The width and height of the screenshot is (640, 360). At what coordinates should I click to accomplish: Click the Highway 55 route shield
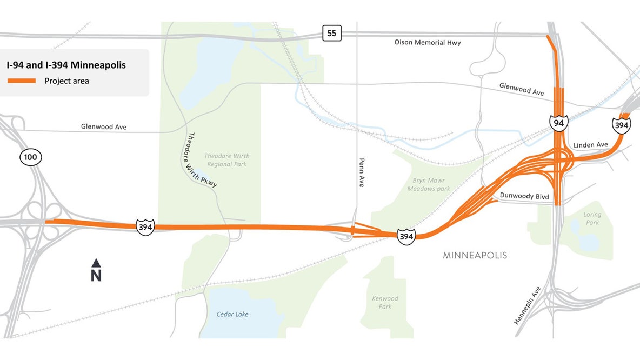click(332, 34)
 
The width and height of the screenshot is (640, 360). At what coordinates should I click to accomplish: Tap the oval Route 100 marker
click(30, 158)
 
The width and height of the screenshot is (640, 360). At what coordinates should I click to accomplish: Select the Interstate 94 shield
click(559, 123)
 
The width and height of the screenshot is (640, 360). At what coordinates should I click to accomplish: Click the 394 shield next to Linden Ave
click(622, 125)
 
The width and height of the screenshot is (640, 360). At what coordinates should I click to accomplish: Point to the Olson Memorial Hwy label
click(427, 43)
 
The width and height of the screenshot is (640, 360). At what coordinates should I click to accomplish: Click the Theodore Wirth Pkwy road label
click(202, 160)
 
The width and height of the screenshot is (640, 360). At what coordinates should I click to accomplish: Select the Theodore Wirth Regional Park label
click(227, 160)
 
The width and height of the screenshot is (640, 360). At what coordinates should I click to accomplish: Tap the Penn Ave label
click(362, 172)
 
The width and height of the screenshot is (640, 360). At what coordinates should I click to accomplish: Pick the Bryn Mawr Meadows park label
click(429, 185)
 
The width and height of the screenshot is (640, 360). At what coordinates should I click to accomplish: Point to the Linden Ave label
click(590, 145)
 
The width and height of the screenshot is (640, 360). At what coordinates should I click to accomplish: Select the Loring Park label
click(592, 218)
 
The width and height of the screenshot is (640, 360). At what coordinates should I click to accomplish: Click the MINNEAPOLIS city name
click(475, 255)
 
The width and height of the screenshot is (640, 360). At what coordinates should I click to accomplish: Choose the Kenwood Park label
click(385, 302)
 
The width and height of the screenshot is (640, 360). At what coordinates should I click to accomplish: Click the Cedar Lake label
click(232, 314)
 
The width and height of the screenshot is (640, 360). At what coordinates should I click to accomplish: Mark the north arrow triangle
click(96, 263)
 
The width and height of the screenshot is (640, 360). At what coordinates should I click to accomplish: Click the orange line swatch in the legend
click(21, 81)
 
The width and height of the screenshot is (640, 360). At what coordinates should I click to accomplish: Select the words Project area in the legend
click(67, 81)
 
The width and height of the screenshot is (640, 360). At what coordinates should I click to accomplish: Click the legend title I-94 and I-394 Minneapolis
click(66, 65)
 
